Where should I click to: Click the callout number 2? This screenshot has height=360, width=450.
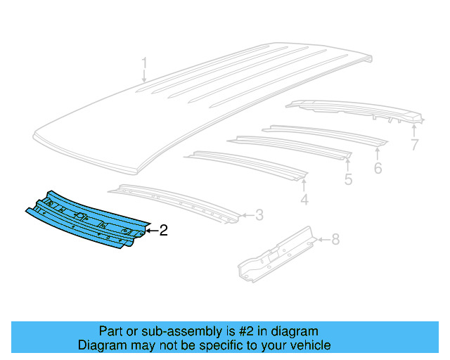pyautogui.click(x=163, y=230)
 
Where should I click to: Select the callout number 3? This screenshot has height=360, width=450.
pyautogui.click(x=259, y=215)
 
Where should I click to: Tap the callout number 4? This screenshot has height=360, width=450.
pyautogui.click(x=304, y=201)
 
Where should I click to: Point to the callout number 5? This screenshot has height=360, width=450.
pyautogui.click(x=348, y=181)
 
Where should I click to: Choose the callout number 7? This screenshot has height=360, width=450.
pyautogui.click(x=414, y=146)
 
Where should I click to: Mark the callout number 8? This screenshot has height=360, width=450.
pyautogui.click(x=335, y=240)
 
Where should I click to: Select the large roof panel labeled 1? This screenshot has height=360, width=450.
pyautogui.click(x=211, y=105)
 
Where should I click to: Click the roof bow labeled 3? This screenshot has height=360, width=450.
pyautogui.click(x=176, y=200)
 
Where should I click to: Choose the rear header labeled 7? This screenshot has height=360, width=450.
pyautogui.click(x=352, y=109)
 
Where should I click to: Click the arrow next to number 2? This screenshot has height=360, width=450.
pyautogui.click(x=150, y=230)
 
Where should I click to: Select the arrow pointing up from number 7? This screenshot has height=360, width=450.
pyautogui.click(x=414, y=130)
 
